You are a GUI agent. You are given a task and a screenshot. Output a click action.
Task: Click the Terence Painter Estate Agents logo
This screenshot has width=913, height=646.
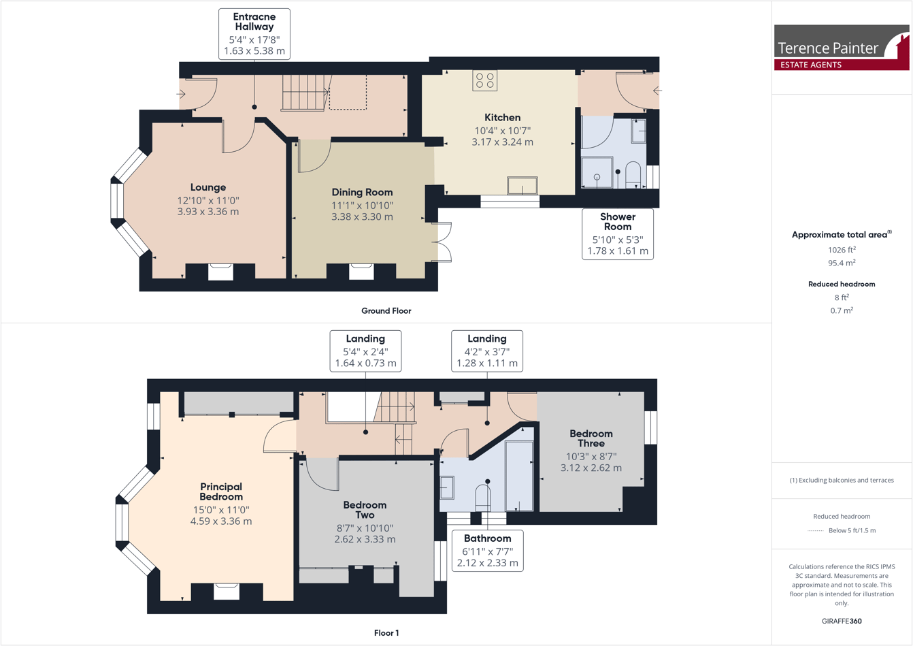coord(841,48)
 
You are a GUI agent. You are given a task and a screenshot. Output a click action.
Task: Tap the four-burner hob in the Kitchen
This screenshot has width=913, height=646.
coord(485,81)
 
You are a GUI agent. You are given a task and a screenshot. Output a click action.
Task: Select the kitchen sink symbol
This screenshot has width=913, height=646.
coord(522,185)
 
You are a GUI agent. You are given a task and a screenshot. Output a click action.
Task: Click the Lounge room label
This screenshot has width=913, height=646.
coord(208,187)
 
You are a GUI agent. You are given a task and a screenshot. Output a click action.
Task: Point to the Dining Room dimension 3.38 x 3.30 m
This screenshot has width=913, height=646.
coord(362,217)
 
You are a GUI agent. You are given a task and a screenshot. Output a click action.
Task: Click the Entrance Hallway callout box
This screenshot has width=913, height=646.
coord(254,34)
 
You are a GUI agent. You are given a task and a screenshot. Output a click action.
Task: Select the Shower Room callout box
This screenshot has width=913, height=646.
coord(617,234)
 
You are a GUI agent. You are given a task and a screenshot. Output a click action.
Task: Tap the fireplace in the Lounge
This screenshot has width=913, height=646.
coord(220,272)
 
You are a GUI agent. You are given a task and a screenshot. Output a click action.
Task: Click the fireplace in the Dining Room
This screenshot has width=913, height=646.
coord(361,272)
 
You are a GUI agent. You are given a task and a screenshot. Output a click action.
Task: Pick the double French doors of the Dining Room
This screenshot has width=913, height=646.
coord(443,242)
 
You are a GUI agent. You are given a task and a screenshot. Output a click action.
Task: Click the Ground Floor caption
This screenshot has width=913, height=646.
coord(386,311)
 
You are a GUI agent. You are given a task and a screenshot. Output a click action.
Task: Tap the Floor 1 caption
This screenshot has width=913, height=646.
coord(386,633)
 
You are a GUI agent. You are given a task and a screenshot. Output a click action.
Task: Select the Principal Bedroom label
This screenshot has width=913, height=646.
coord(221,491)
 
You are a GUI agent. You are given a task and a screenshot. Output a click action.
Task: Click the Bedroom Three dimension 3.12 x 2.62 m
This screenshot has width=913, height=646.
coord(591,468)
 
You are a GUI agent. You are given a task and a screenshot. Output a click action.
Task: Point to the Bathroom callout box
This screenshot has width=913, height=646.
coord(487,551)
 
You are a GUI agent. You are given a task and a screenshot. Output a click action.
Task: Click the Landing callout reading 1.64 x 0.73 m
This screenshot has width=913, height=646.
coord(365,351)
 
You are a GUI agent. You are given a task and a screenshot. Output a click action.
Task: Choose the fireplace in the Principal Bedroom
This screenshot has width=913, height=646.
coord(227,591)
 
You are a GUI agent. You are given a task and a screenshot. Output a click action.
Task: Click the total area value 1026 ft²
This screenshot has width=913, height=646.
coord(842,250)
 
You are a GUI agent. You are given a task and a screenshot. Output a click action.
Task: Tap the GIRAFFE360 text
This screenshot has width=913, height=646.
coord(842,621)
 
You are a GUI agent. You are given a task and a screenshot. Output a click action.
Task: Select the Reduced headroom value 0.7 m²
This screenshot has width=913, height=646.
coord(842,310)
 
